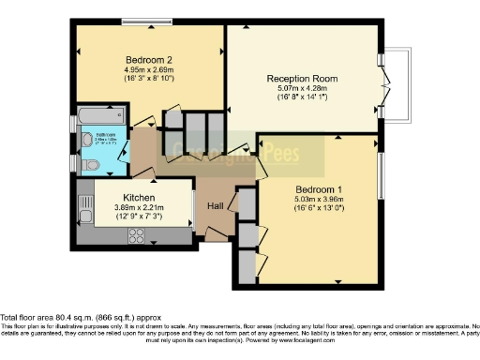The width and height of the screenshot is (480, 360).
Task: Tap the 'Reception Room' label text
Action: pyautogui.click(x=302, y=78)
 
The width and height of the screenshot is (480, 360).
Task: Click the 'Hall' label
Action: pyautogui.click(x=215, y=205)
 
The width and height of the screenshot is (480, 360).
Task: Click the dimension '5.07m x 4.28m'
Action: pyautogui.click(x=302, y=89)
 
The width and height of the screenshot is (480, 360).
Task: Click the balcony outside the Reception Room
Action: pyautogui.click(x=400, y=84)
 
